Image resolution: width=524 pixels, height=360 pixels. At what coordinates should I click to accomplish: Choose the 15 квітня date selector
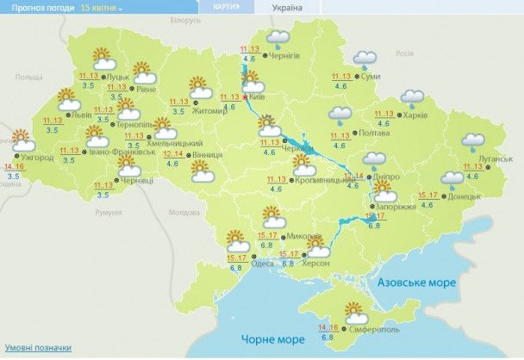click(102, 7)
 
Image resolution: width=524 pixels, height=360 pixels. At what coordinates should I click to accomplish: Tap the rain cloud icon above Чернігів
click(278, 38)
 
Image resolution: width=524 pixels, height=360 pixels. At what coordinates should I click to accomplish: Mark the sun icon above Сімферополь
click(354, 311)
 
